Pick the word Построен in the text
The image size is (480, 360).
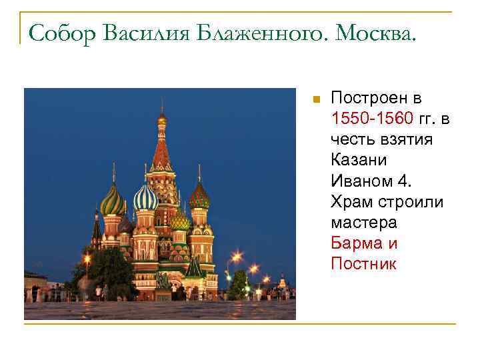point(376,99)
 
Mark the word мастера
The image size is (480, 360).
point(363,223)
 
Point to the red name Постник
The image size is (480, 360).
point(363,264)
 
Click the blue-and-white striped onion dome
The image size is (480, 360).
point(145,197)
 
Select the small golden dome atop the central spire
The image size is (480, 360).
point(162,119)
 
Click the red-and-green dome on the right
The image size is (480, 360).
point(199,196)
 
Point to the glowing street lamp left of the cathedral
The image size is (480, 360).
point(87,257)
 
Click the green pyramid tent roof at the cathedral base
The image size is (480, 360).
point(194,267)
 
